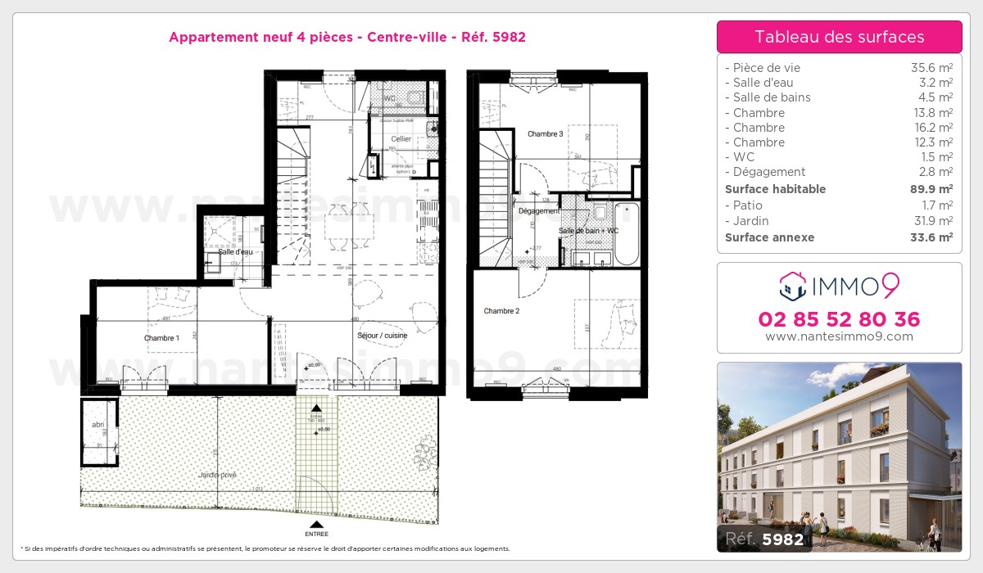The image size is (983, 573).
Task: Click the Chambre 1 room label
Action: [161, 338]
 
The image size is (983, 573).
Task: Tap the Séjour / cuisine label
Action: [382, 336]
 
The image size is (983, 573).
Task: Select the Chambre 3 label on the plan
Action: [545, 133]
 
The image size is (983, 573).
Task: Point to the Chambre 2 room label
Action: [501, 311]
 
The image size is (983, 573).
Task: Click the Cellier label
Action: [401, 139]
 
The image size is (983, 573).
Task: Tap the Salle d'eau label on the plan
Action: [235, 251]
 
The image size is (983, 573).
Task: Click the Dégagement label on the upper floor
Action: [538, 211]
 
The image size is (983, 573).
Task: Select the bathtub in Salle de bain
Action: [627, 233]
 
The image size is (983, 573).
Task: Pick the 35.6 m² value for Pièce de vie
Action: [933, 68]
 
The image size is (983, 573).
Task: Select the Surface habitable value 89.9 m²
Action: [933, 189]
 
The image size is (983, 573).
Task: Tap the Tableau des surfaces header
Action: [839, 37]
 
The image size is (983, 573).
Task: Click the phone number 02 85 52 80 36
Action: [839, 319]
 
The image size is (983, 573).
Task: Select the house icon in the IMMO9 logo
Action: [792, 286]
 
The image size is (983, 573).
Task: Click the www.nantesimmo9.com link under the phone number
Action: [839, 336]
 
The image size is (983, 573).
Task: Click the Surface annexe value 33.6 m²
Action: [933, 237]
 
